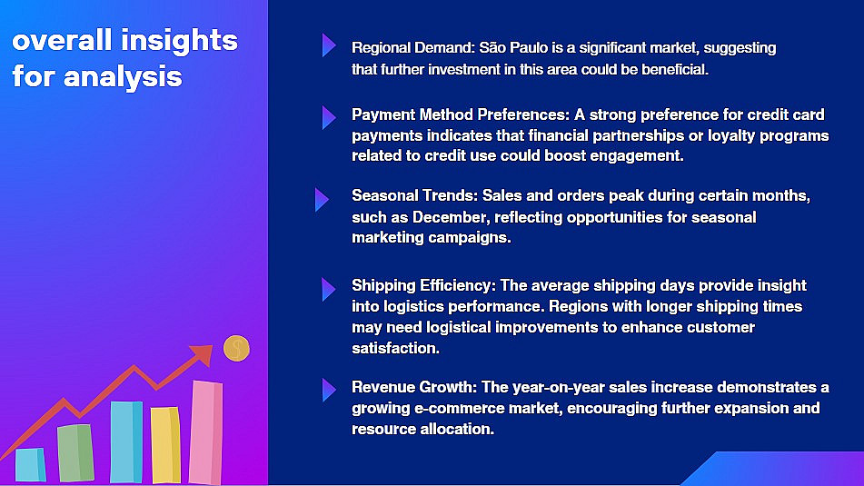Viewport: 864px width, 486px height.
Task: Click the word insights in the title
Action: pos(179,41)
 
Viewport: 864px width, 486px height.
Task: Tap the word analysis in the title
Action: pos(123,76)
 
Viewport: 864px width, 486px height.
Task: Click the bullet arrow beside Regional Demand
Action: pos(328,45)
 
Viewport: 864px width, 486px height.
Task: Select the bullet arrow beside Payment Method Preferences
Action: pos(328,117)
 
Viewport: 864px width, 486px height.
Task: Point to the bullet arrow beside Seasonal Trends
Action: pos(322,200)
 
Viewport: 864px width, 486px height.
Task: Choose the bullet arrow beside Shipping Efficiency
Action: pos(328,289)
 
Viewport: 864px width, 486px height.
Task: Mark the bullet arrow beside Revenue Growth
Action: pos(328,390)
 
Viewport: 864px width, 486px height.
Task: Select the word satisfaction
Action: pos(395,348)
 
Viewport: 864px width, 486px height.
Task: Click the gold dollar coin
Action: pos(236,348)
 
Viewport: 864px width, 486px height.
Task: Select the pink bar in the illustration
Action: pos(205,432)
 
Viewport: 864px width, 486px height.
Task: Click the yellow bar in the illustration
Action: pos(165,445)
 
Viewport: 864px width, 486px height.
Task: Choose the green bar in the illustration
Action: pos(75,453)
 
